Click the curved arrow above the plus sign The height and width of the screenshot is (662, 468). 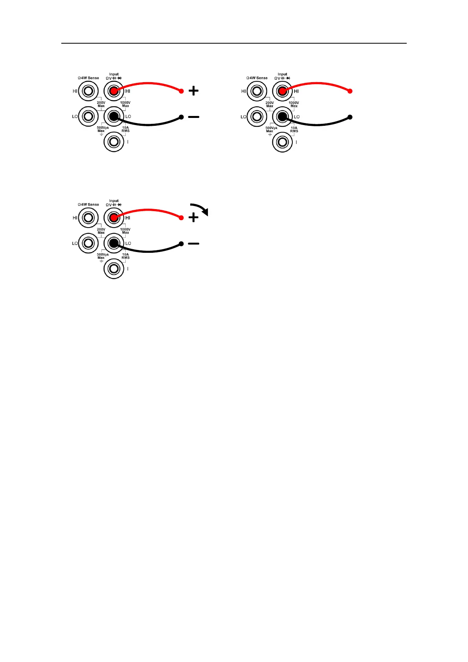pyautogui.click(x=200, y=209)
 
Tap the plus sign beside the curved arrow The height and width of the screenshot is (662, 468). pyautogui.click(x=194, y=218)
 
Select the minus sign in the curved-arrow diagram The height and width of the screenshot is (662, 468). pyautogui.click(x=193, y=244)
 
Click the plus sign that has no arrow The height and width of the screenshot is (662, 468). pyautogui.click(x=194, y=91)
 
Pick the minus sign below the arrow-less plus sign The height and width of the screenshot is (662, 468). pyautogui.click(x=193, y=117)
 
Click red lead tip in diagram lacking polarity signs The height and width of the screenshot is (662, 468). pyautogui.click(x=350, y=91)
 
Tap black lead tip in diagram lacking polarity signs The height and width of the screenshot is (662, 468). pyautogui.click(x=350, y=117)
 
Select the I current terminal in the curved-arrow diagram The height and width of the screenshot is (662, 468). pyautogui.click(x=114, y=269)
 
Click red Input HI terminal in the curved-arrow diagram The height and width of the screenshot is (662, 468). pyautogui.click(x=114, y=218)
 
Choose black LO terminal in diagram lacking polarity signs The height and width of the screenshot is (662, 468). pyautogui.click(x=282, y=117)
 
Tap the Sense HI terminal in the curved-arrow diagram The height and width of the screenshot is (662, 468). pyautogui.click(x=88, y=218)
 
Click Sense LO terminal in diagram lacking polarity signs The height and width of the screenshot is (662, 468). pyautogui.click(x=257, y=117)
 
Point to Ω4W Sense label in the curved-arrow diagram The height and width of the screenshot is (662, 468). pyautogui.click(x=88, y=205)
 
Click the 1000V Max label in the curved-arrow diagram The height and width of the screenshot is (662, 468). pyautogui.click(x=125, y=231)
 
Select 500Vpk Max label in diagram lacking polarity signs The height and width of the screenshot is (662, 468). pyautogui.click(x=270, y=129)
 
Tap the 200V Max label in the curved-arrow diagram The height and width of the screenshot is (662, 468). pyautogui.click(x=101, y=231)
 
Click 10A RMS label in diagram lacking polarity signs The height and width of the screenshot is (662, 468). pyautogui.click(x=294, y=129)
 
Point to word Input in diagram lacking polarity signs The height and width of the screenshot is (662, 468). pyautogui.click(x=283, y=74)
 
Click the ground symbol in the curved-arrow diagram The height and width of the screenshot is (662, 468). pyautogui.click(x=101, y=261)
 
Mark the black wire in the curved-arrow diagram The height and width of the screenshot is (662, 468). pyautogui.click(x=149, y=251)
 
